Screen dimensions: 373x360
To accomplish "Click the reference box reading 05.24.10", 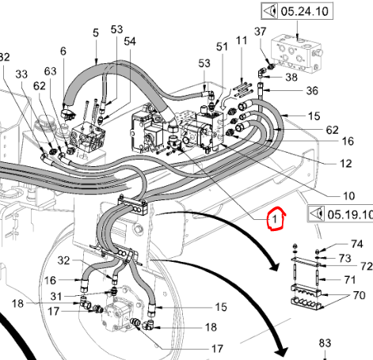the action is (x=297, y=11).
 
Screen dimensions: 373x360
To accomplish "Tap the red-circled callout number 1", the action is (x=275, y=219).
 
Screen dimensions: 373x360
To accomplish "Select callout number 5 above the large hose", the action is (x=96, y=32).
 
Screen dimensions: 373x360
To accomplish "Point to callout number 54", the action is (x=130, y=41).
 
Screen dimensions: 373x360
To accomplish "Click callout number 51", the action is (x=222, y=47).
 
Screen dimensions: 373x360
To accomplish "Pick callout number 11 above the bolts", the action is (x=242, y=40).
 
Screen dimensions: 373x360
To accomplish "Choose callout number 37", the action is (x=261, y=32).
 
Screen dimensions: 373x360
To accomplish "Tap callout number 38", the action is (x=291, y=78).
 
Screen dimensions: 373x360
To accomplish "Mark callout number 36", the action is (x=312, y=91).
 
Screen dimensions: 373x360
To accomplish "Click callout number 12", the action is (x=346, y=164).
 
